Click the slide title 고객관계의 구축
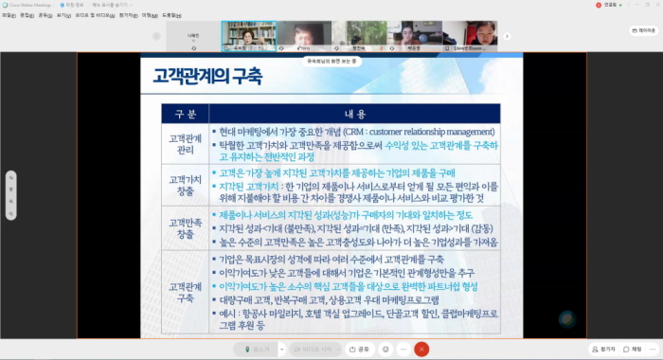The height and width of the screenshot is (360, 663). coord(207,77)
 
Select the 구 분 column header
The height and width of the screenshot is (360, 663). coord(183,115)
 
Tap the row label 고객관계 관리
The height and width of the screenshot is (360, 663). coord(183,144)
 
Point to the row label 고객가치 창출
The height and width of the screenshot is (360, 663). coord(183,185)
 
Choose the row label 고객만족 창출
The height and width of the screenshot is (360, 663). coord(183,228)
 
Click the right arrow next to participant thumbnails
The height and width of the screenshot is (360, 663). coord(508,36)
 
